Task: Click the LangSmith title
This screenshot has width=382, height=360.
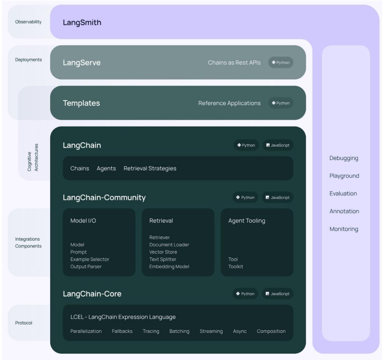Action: click(x=82, y=23)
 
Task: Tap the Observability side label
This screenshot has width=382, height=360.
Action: click(x=28, y=22)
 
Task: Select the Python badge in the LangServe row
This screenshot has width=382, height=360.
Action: click(x=281, y=62)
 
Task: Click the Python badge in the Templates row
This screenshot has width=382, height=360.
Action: click(x=281, y=103)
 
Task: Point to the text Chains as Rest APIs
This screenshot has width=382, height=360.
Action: click(x=234, y=62)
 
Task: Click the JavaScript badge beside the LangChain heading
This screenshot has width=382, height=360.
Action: click(x=278, y=145)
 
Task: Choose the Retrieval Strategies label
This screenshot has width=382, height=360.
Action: click(x=150, y=169)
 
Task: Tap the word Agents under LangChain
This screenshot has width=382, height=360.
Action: click(x=106, y=169)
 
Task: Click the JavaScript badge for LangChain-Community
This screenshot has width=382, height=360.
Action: click(x=278, y=198)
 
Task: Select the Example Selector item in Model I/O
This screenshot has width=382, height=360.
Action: click(x=90, y=259)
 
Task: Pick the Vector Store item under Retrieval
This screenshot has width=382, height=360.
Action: click(x=163, y=252)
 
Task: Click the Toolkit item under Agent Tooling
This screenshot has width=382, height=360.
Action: click(x=236, y=267)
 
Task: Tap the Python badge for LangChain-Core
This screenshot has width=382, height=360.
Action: click(x=245, y=294)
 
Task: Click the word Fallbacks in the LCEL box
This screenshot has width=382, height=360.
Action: click(x=122, y=331)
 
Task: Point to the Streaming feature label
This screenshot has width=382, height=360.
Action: click(x=211, y=331)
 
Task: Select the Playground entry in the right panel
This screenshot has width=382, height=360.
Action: click(x=344, y=176)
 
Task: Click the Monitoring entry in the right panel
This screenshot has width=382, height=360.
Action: click(x=344, y=229)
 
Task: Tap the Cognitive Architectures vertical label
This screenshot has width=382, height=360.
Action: click(x=33, y=157)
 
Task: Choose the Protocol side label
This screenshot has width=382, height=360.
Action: click(x=24, y=323)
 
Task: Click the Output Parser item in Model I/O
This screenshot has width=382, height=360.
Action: click(x=86, y=267)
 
